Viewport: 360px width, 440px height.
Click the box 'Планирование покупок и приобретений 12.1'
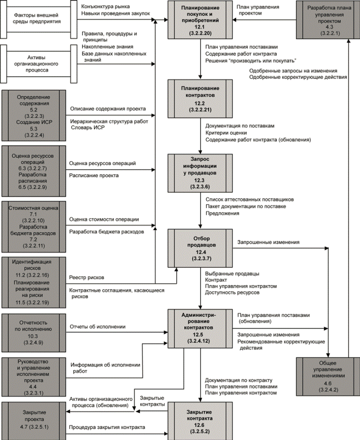click(x=200, y=20)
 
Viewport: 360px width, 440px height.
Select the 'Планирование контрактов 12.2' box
click(x=200, y=98)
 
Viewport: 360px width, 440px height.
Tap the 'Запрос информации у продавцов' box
click(x=200, y=173)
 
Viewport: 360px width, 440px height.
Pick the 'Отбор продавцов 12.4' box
click(x=200, y=248)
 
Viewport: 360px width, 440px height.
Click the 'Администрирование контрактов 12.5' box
click(x=200, y=328)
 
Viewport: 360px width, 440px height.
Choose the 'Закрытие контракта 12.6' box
click(x=200, y=421)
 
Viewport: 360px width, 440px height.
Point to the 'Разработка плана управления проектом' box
click(x=328, y=20)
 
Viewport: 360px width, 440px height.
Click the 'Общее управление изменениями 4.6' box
click(x=328, y=377)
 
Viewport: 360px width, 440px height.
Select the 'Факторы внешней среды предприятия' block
click(x=39, y=19)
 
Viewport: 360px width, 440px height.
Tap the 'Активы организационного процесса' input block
click(x=39, y=64)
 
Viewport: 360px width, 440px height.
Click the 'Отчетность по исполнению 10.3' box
click(x=34, y=333)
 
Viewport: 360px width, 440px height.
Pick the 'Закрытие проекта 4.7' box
click(x=34, y=421)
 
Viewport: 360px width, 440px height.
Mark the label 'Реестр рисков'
click(x=86, y=278)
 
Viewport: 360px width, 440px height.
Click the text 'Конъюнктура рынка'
click(x=105, y=6)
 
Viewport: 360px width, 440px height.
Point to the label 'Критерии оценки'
click(x=226, y=133)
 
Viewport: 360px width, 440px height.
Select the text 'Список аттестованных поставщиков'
click(x=250, y=199)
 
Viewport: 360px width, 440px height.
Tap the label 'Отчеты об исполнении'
click(x=97, y=327)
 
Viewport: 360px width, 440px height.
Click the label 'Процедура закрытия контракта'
click(x=107, y=427)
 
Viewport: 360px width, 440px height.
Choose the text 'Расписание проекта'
click(x=94, y=176)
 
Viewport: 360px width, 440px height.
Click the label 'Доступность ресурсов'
click(x=232, y=292)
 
